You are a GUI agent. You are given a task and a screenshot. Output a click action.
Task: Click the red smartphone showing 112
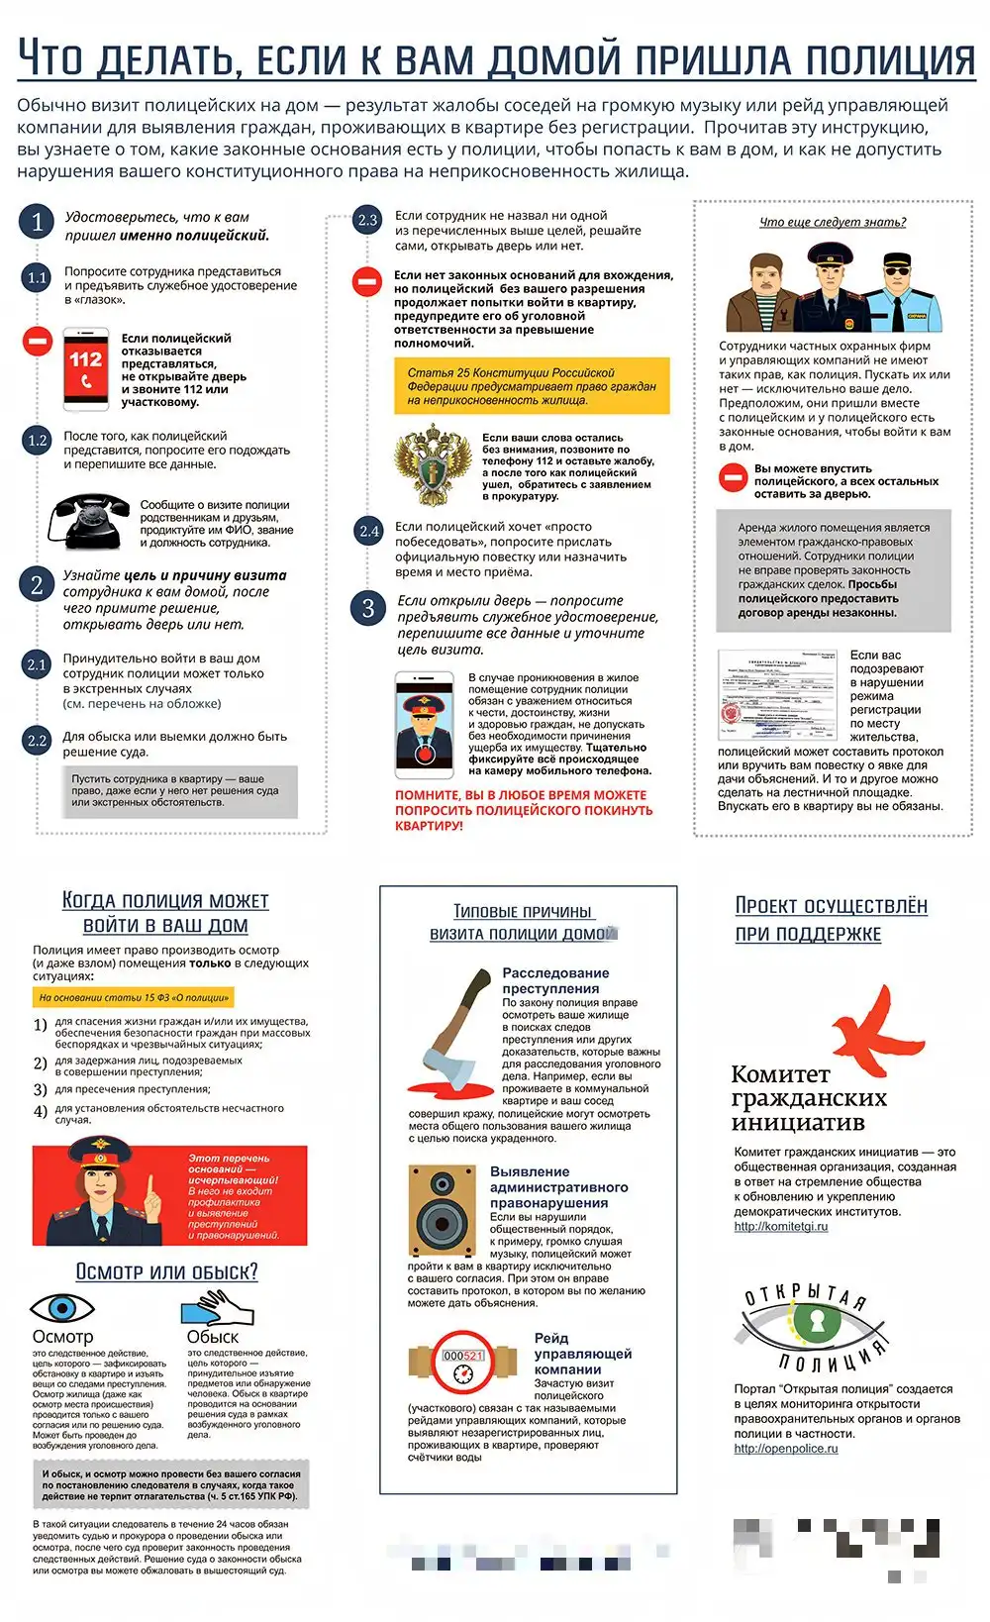coord(86,369)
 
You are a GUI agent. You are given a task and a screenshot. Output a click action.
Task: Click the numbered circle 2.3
coord(367,220)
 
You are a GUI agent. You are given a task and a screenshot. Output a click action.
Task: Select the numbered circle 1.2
coord(37,440)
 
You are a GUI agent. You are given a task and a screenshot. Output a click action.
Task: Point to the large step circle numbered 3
coord(367,607)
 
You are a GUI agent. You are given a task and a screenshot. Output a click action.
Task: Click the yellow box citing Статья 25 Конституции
coord(532,386)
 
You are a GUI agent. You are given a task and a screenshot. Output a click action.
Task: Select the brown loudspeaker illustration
coord(442,1210)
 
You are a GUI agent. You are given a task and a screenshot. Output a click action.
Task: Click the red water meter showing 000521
coord(462,1364)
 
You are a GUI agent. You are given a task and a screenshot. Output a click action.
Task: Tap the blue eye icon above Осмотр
coord(61,1308)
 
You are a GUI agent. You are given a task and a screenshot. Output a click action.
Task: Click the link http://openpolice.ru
coord(786,1449)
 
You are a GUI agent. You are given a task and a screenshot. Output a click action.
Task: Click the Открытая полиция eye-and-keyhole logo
coord(814,1327)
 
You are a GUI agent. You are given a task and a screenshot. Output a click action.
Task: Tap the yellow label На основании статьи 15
coord(134,998)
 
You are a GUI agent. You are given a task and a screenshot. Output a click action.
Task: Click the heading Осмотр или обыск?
coord(166,1271)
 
